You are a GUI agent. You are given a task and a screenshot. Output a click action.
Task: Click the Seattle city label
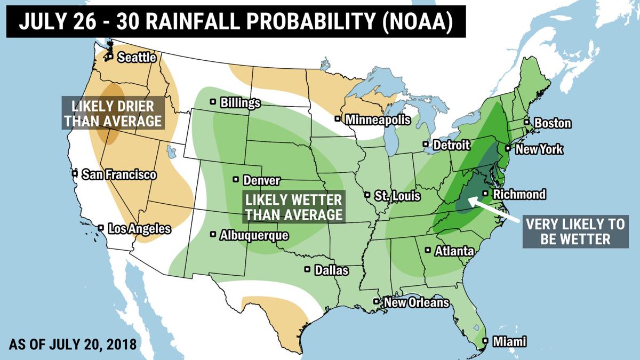click(137, 57)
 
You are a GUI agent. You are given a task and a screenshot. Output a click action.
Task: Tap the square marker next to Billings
click(213, 101)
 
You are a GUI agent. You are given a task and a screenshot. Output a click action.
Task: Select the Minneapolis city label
click(378, 119)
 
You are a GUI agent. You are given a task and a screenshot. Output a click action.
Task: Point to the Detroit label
click(451, 145)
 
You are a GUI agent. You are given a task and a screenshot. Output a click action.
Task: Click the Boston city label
click(553, 123)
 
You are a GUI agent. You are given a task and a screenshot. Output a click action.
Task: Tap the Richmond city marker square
click(485, 194)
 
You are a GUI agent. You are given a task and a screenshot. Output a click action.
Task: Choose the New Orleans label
click(417, 302)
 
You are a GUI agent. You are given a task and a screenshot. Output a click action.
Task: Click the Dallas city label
click(331, 270)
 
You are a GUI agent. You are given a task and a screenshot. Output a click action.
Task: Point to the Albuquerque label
click(254, 235)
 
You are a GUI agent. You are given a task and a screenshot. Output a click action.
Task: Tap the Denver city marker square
click(236, 179)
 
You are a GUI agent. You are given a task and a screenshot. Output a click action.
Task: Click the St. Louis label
click(397, 196)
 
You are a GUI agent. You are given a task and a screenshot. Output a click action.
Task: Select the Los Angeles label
click(139, 229)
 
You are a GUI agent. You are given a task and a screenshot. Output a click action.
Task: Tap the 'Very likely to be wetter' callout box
click(575, 231)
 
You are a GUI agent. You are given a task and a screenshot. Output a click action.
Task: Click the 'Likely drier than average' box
click(113, 113)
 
